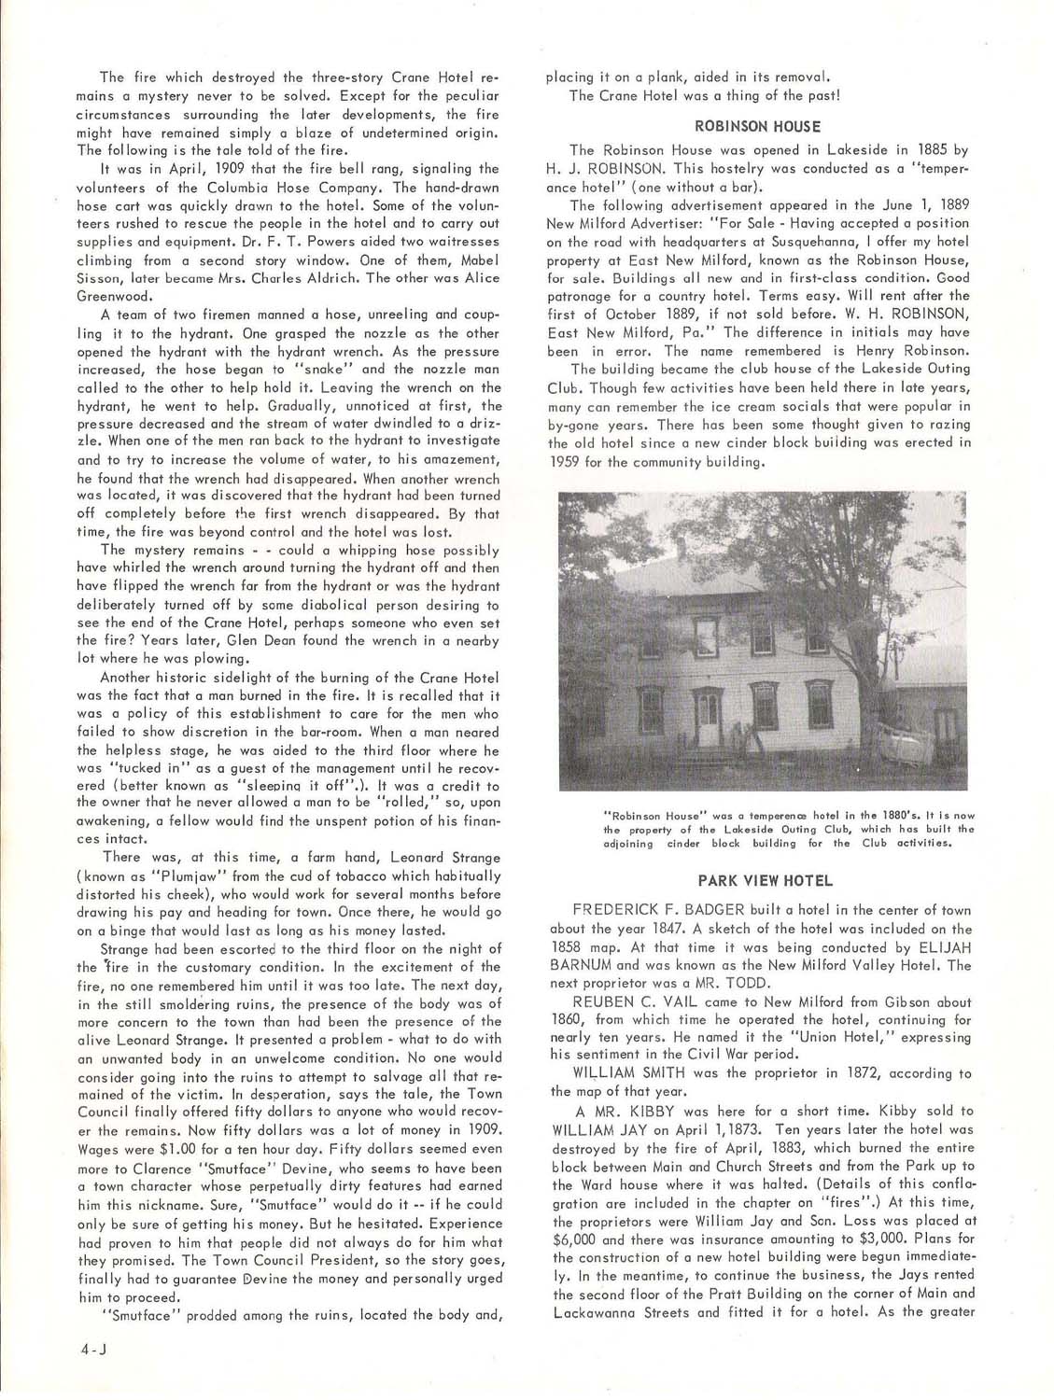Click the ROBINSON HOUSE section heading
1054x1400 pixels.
758,125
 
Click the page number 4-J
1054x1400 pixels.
95,1348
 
